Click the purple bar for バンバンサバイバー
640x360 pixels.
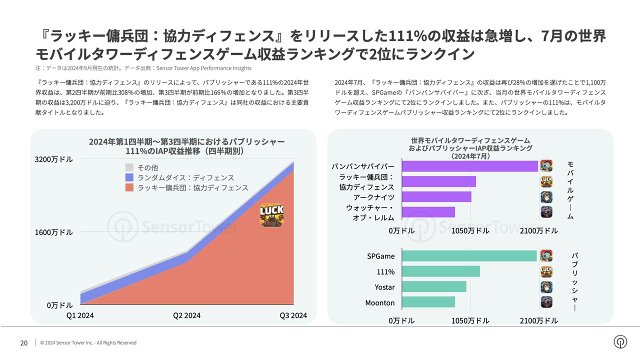click(469, 166)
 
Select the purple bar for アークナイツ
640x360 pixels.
click(436, 197)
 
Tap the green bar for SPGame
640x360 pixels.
click(469, 256)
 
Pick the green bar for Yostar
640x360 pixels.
click(434, 287)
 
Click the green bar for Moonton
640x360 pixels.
click(428, 302)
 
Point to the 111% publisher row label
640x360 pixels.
click(385, 272)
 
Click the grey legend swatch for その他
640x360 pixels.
click(129, 167)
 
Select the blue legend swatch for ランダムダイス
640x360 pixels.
click(129, 177)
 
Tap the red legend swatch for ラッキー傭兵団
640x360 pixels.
click(129, 188)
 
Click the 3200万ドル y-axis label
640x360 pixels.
click(54, 159)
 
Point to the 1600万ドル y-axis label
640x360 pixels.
click(54, 232)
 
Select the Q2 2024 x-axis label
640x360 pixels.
click(186, 315)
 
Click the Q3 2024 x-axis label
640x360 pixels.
click(292, 315)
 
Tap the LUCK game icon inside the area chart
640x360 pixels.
click(271, 215)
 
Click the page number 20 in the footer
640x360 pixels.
click(23, 342)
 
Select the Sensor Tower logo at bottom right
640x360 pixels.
click(620, 341)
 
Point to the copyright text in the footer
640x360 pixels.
click(88, 343)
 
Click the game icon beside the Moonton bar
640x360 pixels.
click(546, 302)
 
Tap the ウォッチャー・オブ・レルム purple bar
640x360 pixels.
click(428, 212)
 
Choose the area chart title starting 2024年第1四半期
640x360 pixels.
click(186, 146)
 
